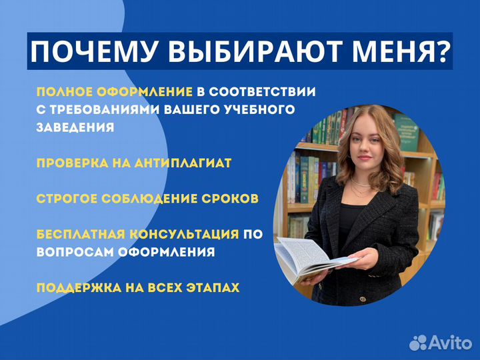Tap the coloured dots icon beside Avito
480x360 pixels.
click(x=418, y=342)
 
